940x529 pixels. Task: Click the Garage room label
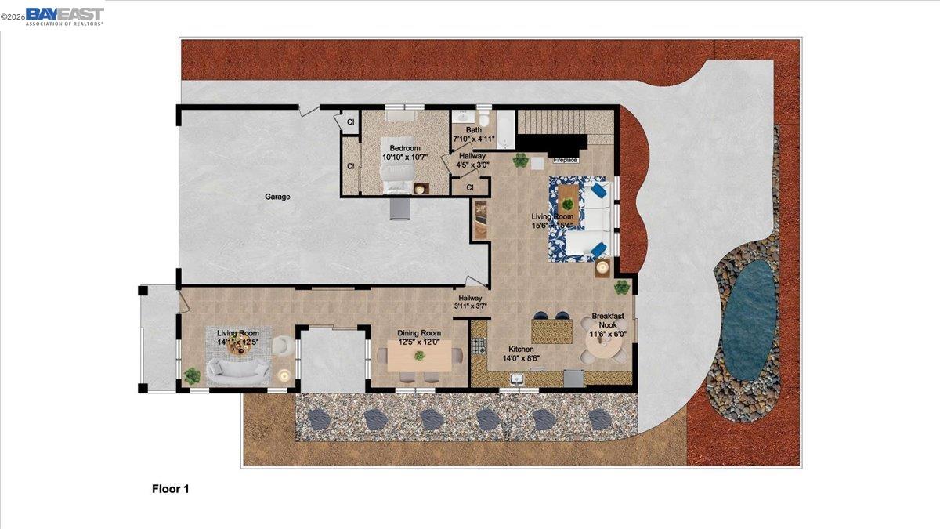coord(277,197)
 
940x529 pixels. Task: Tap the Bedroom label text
coord(405,148)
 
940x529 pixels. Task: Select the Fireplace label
coord(565,160)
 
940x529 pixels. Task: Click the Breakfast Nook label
coord(608,320)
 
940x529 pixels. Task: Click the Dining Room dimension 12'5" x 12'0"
coord(418,342)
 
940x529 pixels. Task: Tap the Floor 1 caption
coord(170,489)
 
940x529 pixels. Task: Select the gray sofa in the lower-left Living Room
coord(237,371)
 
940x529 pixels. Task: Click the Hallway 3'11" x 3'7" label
coord(471,303)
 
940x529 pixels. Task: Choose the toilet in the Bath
coord(483,120)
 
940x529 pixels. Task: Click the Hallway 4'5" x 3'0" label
coord(472,161)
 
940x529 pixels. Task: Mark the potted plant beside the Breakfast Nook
coord(623,287)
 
